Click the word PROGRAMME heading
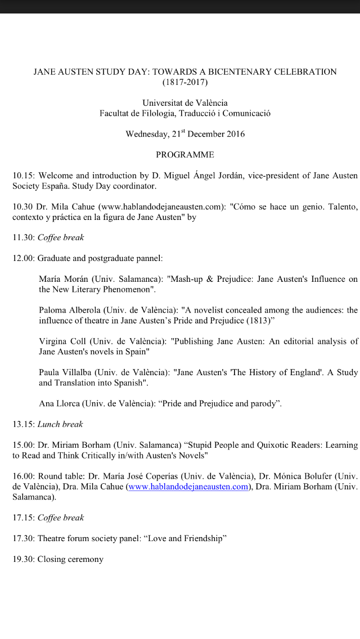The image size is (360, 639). [x=185, y=155]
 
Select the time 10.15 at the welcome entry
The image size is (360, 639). [x=23, y=175]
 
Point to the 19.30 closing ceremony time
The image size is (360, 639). [x=23, y=559]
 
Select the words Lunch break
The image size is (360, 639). [x=60, y=424]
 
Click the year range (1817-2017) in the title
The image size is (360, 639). [x=185, y=83]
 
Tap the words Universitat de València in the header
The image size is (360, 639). [x=185, y=103]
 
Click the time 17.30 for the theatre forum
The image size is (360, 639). [x=23, y=538]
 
